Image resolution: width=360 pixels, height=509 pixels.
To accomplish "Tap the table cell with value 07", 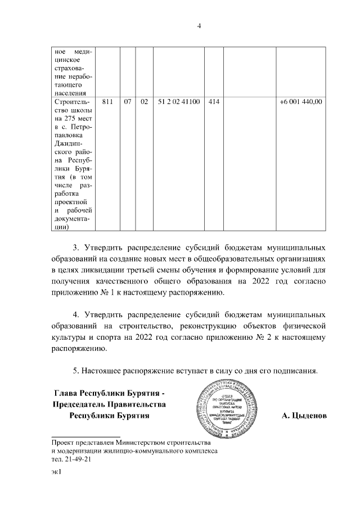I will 128,102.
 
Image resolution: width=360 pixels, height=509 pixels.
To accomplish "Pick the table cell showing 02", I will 144,102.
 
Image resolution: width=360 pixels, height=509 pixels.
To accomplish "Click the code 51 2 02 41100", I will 179,102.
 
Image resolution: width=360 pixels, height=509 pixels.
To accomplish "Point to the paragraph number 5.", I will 76,371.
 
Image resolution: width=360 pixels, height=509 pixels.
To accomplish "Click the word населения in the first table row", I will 68,93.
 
